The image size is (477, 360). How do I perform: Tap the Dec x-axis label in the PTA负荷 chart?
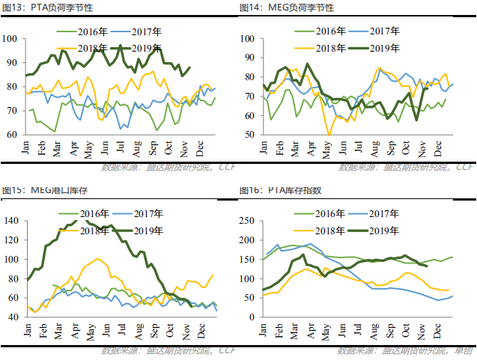(200, 148)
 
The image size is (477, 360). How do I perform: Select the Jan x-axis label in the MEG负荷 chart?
(264, 148)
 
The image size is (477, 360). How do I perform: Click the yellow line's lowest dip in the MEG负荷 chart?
(329, 135)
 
